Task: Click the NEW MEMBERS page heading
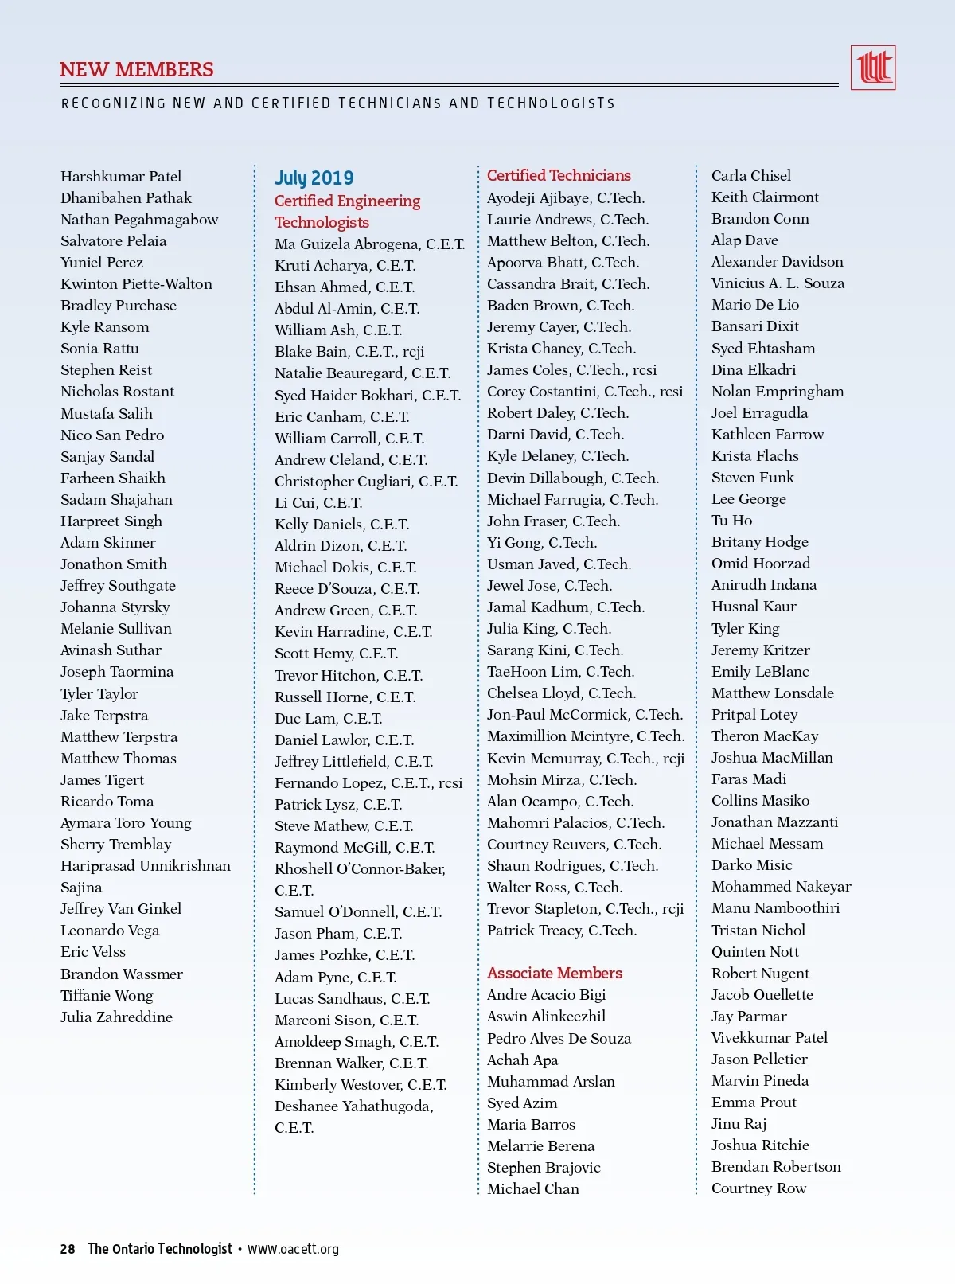pyautogui.click(x=137, y=70)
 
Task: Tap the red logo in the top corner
pyautogui.click(x=873, y=68)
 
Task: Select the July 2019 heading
pyautogui.click(x=314, y=178)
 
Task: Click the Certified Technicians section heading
pyautogui.click(x=559, y=175)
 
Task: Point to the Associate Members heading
pyautogui.click(x=555, y=973)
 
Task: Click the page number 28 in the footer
pyautogui.click(x=68, y=1249)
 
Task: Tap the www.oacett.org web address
pyautogui.click(x=293, y=1249)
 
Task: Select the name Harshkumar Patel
pyautogui.click(x=121, y=176)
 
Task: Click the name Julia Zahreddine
pyautogui.click(x=116, y=1017)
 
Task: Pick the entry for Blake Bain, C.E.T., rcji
pyautogui.click(x=349, y=351)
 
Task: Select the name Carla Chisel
pyautogui.click(x=751, y=175)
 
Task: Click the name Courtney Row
pyautogui.click(x=758, y=1188)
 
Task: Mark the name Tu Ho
pyautogui.click(x=731, y=520)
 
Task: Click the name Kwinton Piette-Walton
pyautogui.click(x=136, y=283)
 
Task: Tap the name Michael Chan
pyautogui.click(x=533, y=1188)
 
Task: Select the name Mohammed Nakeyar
pyautogui.click(x=781, y=886)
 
